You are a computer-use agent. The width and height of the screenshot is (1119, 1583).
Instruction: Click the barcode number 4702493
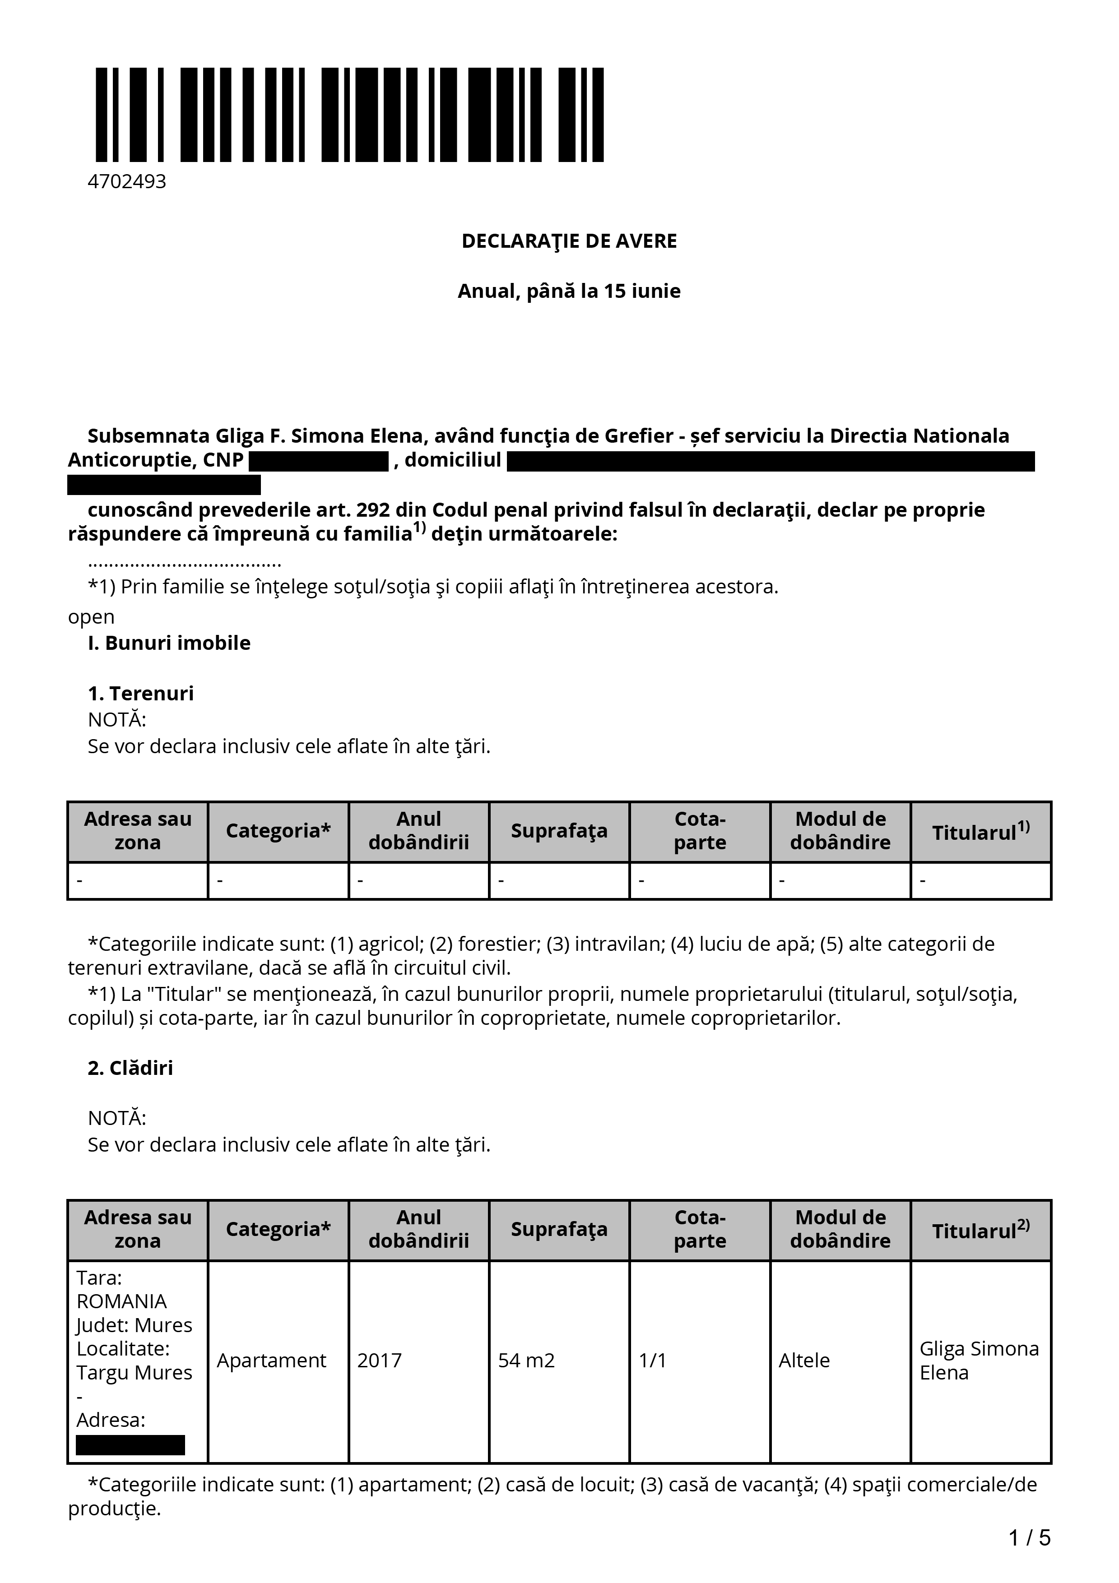[127, 181]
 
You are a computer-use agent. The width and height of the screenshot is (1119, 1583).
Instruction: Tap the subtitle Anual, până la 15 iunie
[569, 291]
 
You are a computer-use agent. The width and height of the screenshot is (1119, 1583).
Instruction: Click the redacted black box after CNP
[319, 461]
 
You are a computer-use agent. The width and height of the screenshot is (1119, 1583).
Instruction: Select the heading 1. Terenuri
[141, 693]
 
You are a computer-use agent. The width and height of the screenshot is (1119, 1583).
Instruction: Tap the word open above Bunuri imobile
[91, 616]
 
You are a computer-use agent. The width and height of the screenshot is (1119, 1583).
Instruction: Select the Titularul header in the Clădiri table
[980, 1230]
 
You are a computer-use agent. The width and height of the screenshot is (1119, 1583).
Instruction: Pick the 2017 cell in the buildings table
[379, 1360]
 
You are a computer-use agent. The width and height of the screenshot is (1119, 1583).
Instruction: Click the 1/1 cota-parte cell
[652, 1360]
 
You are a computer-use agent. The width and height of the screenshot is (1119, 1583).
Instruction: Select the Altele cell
[804, 1360]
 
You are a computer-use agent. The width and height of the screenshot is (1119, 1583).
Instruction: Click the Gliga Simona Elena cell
[979, 1360]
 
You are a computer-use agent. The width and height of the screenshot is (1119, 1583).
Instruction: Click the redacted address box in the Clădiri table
[130, 1445]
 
